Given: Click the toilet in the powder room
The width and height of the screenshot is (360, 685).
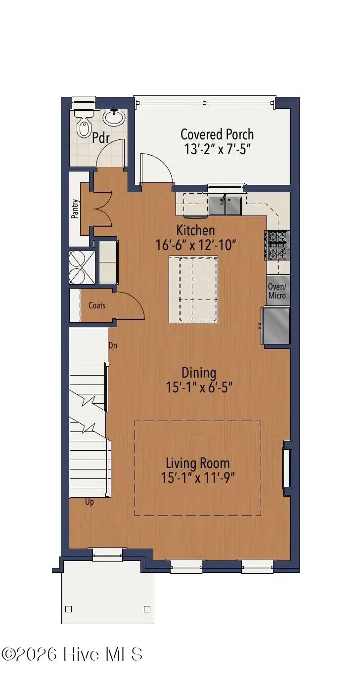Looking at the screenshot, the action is pyautogui.click(x=83, y=124).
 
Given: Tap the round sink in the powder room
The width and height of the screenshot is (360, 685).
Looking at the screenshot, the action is pyautogui.click(x=114, y=117).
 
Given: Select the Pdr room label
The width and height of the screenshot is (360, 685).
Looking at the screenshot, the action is pyautogui.click(x=100, y=137).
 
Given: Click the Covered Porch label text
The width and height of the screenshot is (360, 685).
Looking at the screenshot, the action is pyautogui.click(x=217, y=134).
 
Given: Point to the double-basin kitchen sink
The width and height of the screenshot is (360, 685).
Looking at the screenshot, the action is pyautogui.click(x=225, y=206).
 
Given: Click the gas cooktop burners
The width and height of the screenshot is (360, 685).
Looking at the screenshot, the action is pyautogui.click(x=276, y=245).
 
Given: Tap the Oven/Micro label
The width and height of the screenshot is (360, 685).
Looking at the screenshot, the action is pyautogui.click(x=277, y=291).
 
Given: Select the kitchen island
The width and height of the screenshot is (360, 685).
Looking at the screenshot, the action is pyautogui.click(x=193, y=289).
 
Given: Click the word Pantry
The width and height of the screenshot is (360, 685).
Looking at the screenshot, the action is pyautogui.click(x=75, y=209).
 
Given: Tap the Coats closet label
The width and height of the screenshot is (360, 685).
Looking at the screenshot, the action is pyautogui.click(x=97, y=305).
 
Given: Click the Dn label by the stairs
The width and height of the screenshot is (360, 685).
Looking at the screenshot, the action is pyautogui.click(x=113, y=345).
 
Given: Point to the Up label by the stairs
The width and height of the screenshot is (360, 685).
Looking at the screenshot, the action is pyautogui.click(x=90, y=502).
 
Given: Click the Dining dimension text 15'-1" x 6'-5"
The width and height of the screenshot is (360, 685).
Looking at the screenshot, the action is pyautogui.click(x=199, y=387).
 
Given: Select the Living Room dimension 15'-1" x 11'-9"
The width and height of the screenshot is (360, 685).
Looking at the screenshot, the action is pyautogui.click(x=198, y=477).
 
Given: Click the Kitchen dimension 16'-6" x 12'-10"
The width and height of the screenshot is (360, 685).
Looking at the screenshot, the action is pyautogui.click(x=196, y=245).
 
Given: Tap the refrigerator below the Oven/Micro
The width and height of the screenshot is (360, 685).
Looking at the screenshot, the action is pyautogui.click(x=276, y=326).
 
